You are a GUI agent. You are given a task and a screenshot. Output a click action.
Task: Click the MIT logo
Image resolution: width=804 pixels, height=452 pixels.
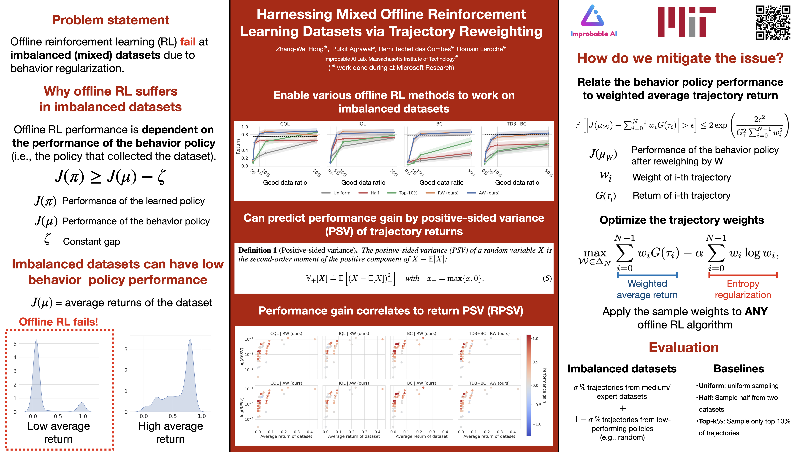[x=687, y=22]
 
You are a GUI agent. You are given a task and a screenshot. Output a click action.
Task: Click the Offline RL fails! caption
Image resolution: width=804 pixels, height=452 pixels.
[x=58, y=322]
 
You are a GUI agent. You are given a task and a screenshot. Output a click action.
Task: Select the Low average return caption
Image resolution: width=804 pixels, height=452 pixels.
[x=58, y=432]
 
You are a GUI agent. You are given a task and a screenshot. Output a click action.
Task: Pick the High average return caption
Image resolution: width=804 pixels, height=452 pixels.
[x=170, y=432]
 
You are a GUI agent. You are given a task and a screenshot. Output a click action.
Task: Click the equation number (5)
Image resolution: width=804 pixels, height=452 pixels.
[x=547, y=278]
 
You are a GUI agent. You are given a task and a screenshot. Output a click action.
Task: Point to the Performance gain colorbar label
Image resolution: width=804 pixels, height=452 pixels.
[x=545, y=385]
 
